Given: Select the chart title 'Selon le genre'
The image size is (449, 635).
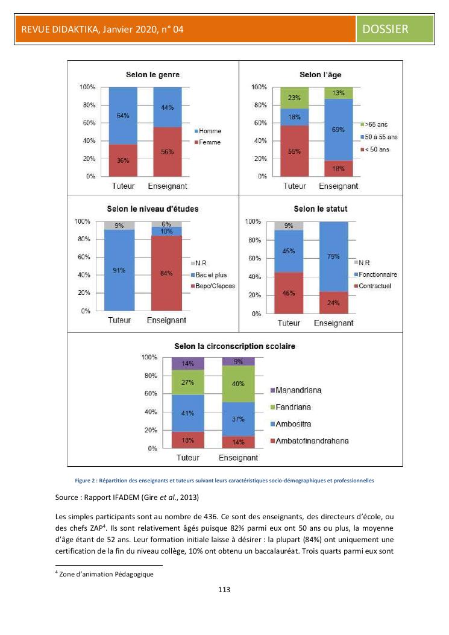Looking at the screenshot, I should [x=152, y=75].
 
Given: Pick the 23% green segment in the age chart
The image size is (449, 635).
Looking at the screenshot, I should [x=294, y=97].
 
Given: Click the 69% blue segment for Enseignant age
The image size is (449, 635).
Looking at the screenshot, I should [x=338, y=130].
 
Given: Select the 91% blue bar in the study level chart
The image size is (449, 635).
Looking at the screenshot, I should [x=119, y=270].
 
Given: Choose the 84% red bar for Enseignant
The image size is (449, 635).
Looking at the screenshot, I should [x=166, y=273].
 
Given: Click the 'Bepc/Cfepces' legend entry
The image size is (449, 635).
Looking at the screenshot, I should [x=213, y=285].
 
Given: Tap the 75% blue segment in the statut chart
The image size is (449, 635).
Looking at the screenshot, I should [x=333, y=257].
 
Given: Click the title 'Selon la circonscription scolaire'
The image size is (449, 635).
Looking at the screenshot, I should [x=234, y=347].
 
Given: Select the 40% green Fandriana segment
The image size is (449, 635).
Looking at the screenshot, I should [x=238, y=384].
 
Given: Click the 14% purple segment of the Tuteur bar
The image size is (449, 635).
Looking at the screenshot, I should [x=187, y=364].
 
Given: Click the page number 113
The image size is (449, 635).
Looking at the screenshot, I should [x=224, y=589].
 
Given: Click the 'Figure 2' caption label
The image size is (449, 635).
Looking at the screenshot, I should [x=87, y=481].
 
